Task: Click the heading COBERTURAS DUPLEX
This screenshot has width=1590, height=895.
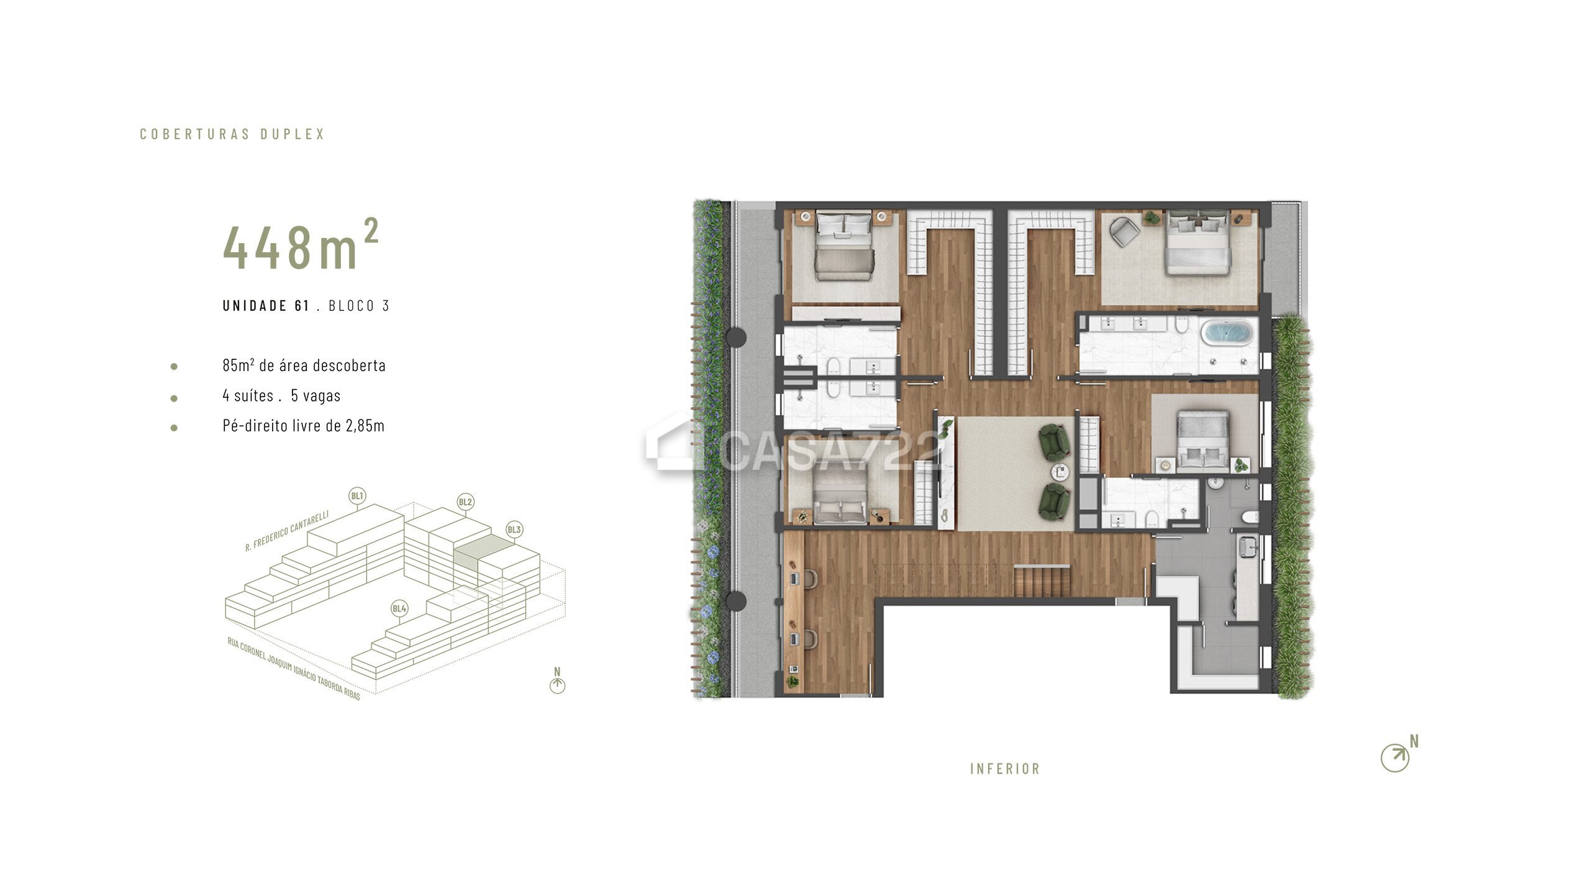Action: [232, 134]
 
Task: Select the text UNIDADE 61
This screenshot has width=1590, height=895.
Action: [266, 306]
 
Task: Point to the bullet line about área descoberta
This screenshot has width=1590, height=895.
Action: [304, 365]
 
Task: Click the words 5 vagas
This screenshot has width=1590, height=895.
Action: [316, 395]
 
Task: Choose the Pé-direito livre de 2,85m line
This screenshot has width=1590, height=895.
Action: [303, 426]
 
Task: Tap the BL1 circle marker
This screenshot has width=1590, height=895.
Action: [357, 496]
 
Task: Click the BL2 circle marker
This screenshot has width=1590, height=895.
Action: [465, 502]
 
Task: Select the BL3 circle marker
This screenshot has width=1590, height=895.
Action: [514, 530]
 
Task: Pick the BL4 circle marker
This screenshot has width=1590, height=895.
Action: [399, 608]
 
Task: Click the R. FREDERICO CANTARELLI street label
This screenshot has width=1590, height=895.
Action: [287, 531]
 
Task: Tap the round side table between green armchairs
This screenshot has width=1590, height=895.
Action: [1060, 472]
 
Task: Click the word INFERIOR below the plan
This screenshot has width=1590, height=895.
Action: [1005, 769]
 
